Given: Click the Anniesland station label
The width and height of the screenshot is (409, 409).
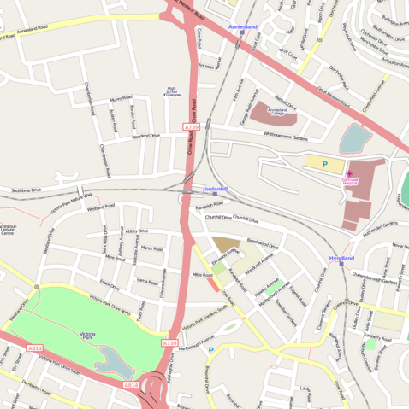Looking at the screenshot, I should click(243, 27).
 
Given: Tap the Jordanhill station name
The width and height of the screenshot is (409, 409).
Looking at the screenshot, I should click(216, 188).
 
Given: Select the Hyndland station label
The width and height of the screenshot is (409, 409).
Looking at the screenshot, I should click(341, 258).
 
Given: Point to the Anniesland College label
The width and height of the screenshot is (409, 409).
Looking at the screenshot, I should click(277, 111).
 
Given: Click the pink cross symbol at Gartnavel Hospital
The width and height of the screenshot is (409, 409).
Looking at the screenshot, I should click(349, 173).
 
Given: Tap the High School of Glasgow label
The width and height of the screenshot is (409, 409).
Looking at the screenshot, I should click(171, 91).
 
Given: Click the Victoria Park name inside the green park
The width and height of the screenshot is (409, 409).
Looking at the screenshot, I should click(86, 335).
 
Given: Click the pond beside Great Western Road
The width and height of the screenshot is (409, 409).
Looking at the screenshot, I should click(355, 137).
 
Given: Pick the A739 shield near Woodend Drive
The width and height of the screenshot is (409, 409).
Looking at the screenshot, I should click(191, 127).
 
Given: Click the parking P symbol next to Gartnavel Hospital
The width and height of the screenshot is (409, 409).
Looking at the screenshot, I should click(324, 163).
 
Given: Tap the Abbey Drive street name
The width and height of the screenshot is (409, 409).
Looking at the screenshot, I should click(136, 231).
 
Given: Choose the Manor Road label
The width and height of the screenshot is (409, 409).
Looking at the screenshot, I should click(151, 248).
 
